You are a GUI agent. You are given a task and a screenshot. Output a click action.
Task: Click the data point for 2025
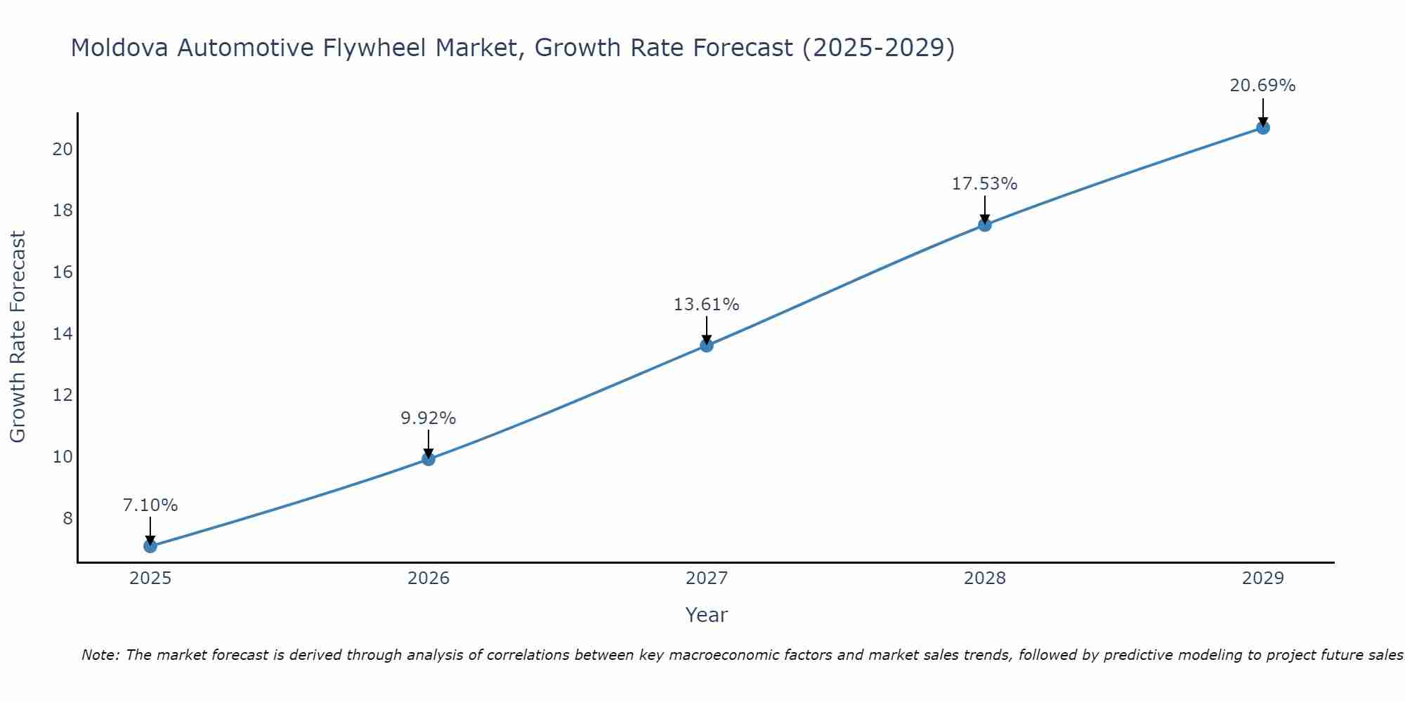(150, 546)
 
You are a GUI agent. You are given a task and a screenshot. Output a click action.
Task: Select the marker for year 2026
(428, 459)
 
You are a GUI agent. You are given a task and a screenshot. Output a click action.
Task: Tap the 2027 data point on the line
(706, 345)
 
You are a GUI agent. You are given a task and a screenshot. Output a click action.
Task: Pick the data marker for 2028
(984, 225)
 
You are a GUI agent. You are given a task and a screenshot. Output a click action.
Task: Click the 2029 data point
(1262, 128)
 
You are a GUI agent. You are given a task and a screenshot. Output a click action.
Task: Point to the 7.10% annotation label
(150, 505)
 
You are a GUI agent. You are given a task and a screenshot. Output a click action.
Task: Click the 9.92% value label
(428, 418)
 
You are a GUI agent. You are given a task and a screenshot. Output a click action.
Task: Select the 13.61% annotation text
(706, 305)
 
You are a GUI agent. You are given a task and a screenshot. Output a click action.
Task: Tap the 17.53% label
(984, 184)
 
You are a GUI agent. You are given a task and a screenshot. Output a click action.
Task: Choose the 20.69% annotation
(1262, 86)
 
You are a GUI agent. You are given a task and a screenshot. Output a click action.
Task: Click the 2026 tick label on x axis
(428, 578)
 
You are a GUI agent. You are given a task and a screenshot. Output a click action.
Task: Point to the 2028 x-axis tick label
(984, 578)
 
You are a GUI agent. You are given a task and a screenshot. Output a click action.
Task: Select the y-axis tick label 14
(63, 333)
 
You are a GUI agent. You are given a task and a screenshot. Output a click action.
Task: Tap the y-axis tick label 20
(63, 149)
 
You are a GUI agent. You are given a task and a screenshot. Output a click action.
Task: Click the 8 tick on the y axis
(67, 518)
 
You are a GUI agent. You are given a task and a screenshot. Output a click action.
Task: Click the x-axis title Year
(706, 615)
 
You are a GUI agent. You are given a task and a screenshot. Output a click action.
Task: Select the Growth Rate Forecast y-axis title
(18, 337)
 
